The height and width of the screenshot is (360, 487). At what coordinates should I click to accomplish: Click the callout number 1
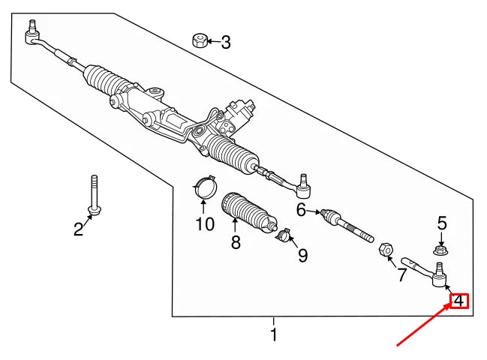(274, 334)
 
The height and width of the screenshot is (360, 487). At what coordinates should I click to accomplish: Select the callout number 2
(79, 229)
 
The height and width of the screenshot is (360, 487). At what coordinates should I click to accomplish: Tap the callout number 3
(226, 43)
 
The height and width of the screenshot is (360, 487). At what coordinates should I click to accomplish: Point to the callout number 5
(442, 223)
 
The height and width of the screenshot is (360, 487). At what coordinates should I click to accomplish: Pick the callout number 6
(302, 211)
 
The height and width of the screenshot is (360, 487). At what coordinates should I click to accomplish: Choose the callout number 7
(402, 275)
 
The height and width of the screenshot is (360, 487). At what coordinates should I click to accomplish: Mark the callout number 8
(236, 242)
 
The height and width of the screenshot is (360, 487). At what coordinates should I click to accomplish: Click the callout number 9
(302, 256)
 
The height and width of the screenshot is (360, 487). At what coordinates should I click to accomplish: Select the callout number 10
(205, 223)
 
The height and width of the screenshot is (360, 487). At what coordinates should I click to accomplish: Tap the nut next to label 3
(200, 40)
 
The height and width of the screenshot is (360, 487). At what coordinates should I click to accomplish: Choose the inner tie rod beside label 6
(347, 226)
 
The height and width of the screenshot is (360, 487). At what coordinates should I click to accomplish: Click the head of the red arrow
(451, 308)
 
